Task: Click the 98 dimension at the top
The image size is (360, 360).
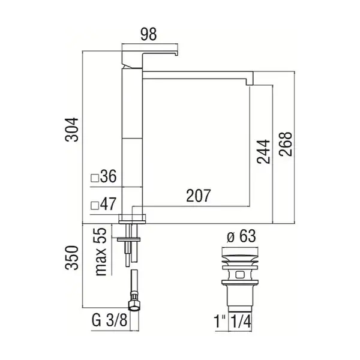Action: (x=149, y=34)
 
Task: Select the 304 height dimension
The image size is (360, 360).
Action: (x=71, y=130)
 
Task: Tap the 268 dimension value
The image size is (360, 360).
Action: (x=286, y=144)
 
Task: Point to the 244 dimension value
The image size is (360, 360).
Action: (x=263, y=152)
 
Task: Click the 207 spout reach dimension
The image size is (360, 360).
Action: (x=198, y=196)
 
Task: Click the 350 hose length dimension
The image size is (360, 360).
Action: (x=71, y=257)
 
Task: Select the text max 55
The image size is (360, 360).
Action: (x=101, y=251)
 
